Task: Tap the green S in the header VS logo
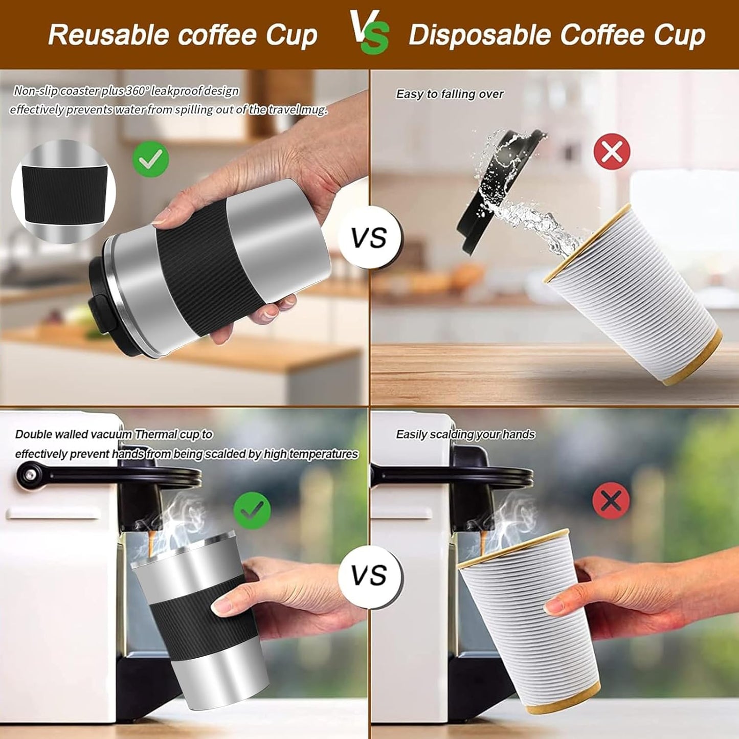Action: pos(376,40)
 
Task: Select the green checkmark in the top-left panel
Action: pos(150,159)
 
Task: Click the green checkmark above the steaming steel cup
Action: pos(252,510)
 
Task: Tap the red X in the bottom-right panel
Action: pos(611,500)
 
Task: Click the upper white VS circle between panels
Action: pos(369,238)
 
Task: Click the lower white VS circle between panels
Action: pos(369,576)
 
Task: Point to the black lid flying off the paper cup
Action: pos(499,189)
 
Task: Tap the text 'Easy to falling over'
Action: pos(450,94)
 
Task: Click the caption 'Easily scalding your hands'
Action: pos(465,434)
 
